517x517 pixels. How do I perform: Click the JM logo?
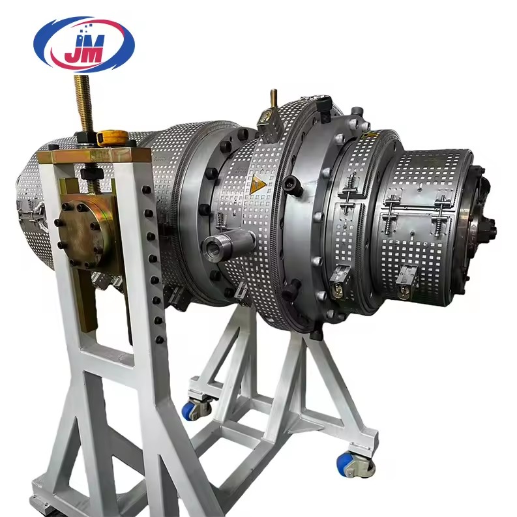tap(84, 44)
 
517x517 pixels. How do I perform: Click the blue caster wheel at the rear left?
tap(195, 409)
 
